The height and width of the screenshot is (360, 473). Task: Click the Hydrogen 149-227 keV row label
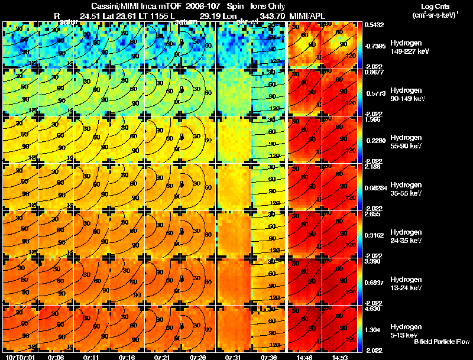(x=410, y=47)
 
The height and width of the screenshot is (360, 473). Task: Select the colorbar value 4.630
(x=372, y=308)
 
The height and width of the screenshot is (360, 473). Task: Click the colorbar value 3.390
(x=372, y=261)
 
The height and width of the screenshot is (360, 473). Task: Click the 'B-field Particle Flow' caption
(x=441, y=342)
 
